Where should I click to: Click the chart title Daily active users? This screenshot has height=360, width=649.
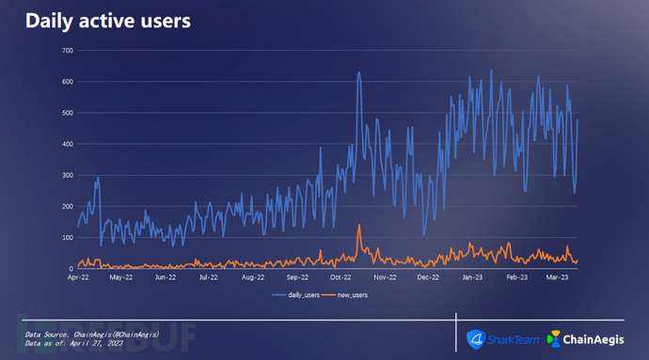click(x=108, y=21)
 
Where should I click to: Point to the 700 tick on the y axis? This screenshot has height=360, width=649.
click(x=68, y=51)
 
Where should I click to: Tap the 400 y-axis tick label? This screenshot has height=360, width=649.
click(x=68, y=144)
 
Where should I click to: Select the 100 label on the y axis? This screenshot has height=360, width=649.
click(x=68, y=238)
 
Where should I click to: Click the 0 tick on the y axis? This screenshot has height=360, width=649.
click(x=71, y=269)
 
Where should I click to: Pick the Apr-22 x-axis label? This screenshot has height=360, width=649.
click(x=78, y=277)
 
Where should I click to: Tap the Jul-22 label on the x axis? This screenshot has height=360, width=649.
click(x=208, y=277)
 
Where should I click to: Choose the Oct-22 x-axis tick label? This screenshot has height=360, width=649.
click(x=340, y=277)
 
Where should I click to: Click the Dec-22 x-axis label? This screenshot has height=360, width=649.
click(x=428, y=277)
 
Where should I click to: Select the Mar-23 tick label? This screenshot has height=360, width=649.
click(x=557, y=277)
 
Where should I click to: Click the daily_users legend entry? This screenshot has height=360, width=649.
click(x=296, y=295)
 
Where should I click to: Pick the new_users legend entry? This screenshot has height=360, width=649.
click(x=345, y=295)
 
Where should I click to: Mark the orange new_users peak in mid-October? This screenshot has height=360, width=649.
click(x=359, y=225)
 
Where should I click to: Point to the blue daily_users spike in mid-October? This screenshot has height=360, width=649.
click(x=359, y=72)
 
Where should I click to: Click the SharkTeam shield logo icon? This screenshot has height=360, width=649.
click(x=476, y=339)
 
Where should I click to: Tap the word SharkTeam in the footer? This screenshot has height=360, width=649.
click(x=514, y=339)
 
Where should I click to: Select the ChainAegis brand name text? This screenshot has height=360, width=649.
click(x=594, y=339)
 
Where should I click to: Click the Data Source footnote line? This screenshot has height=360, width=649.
click(x=92, y=335)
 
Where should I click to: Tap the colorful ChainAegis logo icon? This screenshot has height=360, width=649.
click(x=553, y=339)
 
